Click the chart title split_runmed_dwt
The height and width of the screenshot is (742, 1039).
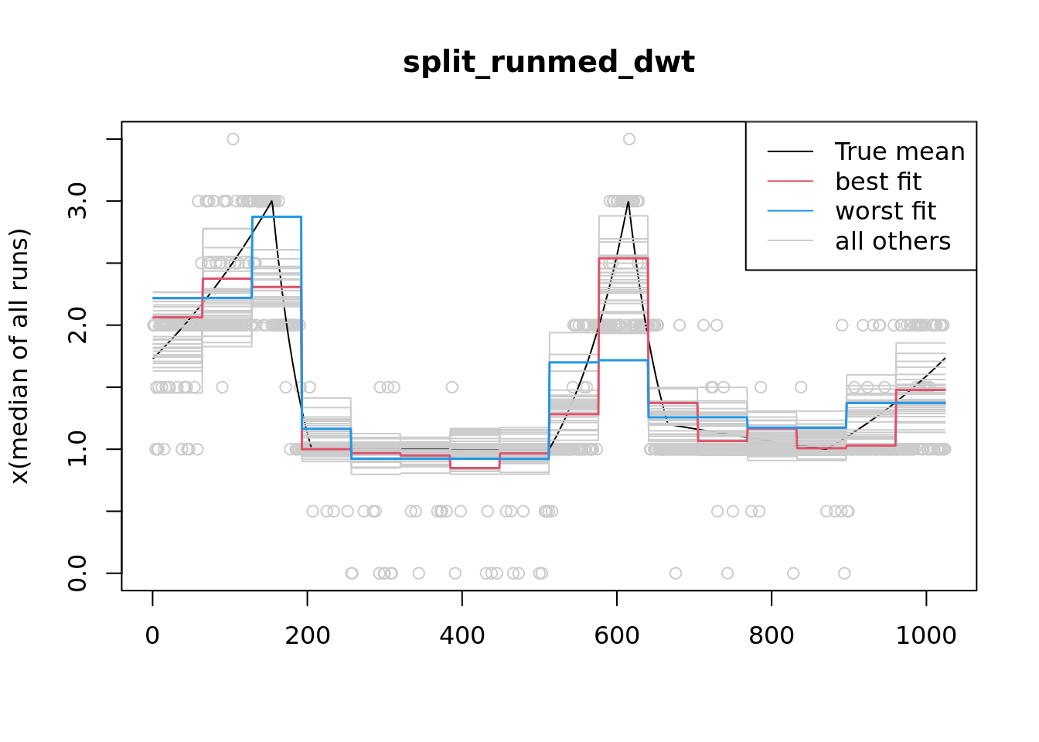(x=548, y=63)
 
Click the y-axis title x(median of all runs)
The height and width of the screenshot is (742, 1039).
(x=19, y=356)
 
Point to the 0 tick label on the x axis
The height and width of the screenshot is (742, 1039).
(x=152, y=636)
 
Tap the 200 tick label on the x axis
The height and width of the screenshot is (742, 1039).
(x=307, y=636)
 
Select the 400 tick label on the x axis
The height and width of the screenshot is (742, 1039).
(x=462, y=636)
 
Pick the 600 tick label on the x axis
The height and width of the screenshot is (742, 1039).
(x=616, y=636)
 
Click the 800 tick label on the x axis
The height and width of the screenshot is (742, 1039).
(x=771, y=636)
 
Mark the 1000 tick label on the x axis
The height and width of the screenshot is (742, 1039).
(x=925, y=636)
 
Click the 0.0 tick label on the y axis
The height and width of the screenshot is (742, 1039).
(x=78, y=573)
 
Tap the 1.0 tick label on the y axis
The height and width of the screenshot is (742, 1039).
(x=78, y=449)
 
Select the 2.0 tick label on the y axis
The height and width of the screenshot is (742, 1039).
(x=78, y=325)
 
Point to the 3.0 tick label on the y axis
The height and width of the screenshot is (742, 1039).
(x=78, y=202)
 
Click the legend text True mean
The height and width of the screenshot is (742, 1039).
(x=900, y=152)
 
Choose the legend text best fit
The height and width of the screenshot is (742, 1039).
(x=878, y=182)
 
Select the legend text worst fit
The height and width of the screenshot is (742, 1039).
(x=885, y=211)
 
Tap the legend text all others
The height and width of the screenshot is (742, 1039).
(x=893, y=241)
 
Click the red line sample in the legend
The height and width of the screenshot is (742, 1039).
(x=790, y=182)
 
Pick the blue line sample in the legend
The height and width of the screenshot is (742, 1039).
(x=790, y=211)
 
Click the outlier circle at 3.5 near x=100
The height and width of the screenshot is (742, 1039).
(x=233, y=139)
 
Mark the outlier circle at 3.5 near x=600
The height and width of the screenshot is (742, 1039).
(x=629, y=139)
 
